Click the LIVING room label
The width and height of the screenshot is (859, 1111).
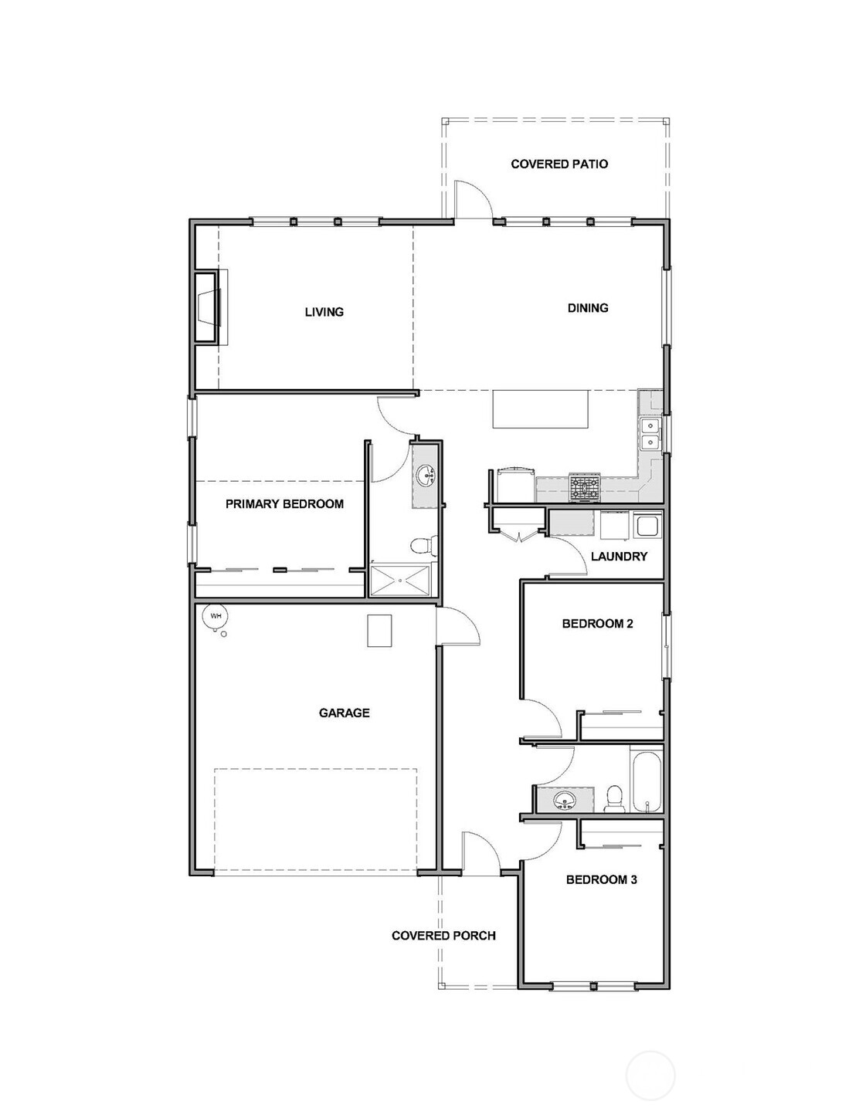click(324, 312)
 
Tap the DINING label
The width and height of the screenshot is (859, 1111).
click(588, 308)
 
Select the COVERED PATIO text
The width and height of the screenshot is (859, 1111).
click(559, 164)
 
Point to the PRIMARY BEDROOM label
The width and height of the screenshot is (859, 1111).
click(284, 504)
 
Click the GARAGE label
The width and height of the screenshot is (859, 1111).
click(344, 713)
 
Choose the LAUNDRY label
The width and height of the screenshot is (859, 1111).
click(619, 556)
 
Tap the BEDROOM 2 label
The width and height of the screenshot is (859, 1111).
click(597, 623)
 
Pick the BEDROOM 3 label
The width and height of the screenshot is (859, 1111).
click(601, 879)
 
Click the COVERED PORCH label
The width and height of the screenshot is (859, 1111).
click(443, 936)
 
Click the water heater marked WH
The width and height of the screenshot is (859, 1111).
click(216, 616)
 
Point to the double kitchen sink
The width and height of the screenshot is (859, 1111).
click(650, 433)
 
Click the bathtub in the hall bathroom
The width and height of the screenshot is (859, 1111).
click(647, 781)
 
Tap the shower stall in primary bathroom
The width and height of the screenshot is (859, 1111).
click(399, 581)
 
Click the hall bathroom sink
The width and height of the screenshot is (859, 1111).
click(565, 800)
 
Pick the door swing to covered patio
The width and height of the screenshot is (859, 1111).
click(471, 199)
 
